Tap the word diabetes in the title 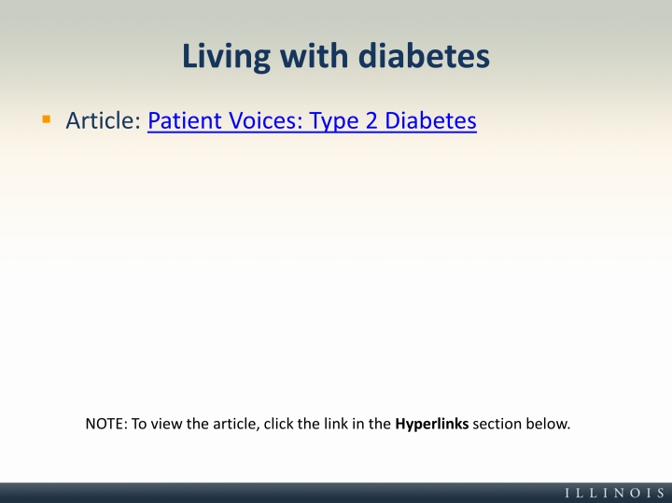tap(424, 56)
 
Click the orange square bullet tap(47, 119)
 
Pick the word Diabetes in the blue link tap(430, 120)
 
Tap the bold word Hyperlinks tap(431, 425)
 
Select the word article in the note tap(236, 425)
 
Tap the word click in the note tap(278, 424)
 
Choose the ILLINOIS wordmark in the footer tap(614, 493)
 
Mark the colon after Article tap(138, 122)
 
